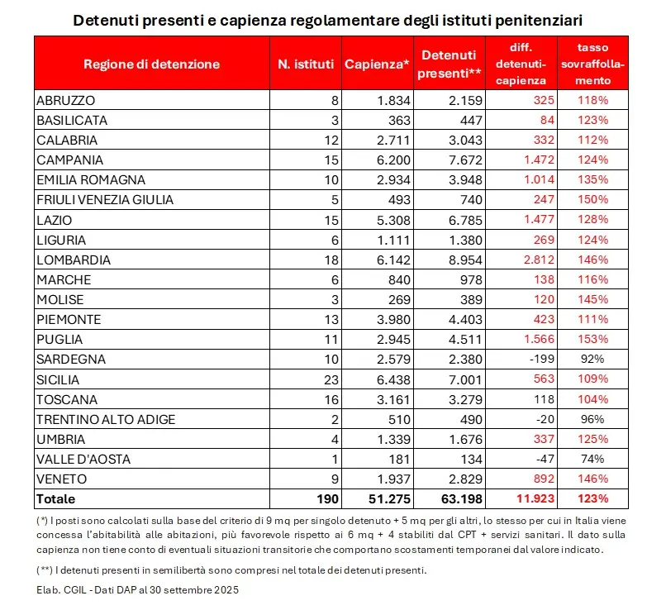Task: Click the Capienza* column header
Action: click(378, 64)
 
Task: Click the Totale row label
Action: click(56, 498)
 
